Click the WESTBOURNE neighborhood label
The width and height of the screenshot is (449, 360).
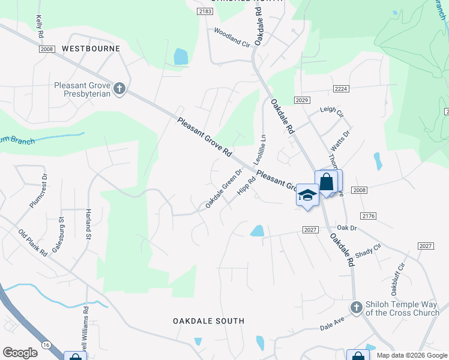tap(91, 48)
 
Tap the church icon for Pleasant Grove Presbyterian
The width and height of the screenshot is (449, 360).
tap(119, 89)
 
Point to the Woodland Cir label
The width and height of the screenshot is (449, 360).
tap(232, 37)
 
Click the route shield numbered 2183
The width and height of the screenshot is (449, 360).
tap(205, 11)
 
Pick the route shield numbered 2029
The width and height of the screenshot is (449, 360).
tap(302, 99)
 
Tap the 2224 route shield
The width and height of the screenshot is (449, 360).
tap(342, 89)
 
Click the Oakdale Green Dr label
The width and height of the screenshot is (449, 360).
tap(223, 188)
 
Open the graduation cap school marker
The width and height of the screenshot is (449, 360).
tap(307, 196)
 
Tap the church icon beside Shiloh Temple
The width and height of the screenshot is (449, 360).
tap(356, 307)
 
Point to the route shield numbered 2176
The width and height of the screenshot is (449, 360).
tap(369, 215)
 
